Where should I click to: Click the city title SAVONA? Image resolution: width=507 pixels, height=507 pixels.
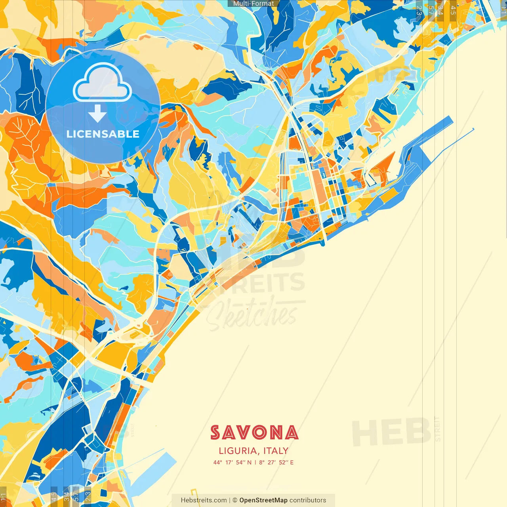point(254,433)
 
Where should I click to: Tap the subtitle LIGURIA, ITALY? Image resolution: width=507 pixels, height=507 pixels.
point(253,451)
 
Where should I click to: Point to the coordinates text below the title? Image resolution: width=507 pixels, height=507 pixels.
point(253,462)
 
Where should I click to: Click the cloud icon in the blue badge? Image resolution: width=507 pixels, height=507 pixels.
point(102,83)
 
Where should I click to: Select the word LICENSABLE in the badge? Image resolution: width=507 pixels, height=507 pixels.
point(103,134)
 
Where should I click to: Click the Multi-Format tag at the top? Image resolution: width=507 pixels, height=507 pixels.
point(253,4)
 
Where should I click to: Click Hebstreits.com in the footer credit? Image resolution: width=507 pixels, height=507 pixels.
point(204,500)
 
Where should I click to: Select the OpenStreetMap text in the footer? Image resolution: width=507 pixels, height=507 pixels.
point(263,500)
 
